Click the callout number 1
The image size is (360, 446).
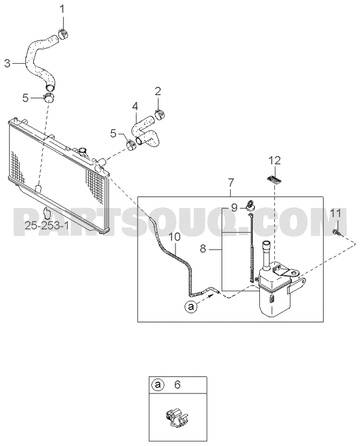[x=62, y=9]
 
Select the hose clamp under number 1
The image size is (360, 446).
[x=63, y=34]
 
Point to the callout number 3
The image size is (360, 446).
[x=7, y=63]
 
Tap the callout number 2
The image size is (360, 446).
[x=158, y=91]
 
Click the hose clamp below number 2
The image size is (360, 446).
[x=161, y=114]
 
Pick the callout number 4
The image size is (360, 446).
[x=135, y=107]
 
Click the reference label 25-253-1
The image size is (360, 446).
[x=47, y=226]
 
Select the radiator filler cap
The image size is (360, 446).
[x=83, y=151]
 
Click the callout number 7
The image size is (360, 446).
[x=231, y=182]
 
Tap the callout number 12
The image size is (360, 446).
[x=275, y=161]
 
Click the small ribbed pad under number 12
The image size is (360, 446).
[x=274, y=179]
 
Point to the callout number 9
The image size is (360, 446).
[x=234, y=207]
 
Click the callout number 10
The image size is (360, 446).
[x=175, y=237]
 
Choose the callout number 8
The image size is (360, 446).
[x=203, y=249]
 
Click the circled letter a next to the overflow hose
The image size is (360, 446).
[x=190, y=307]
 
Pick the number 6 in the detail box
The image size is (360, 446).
[x=177, y=385]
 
